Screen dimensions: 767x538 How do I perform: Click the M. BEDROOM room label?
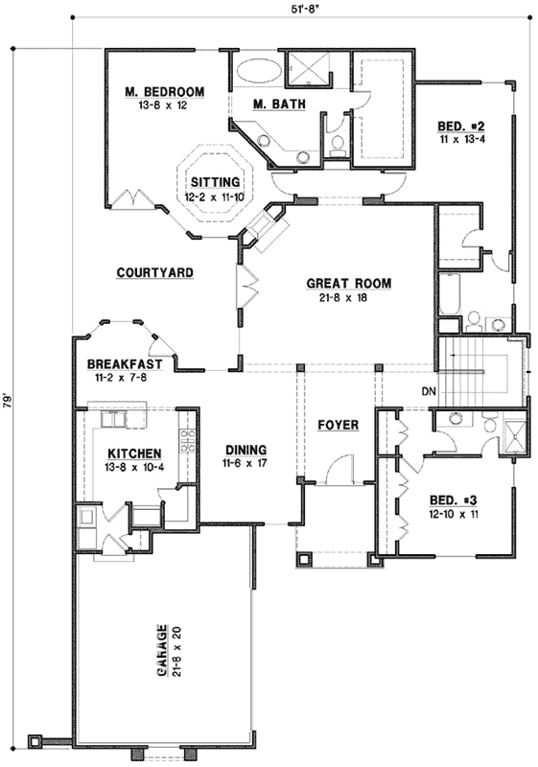165,92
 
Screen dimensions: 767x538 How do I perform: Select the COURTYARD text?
155,273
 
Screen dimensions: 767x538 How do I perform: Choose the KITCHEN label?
133,453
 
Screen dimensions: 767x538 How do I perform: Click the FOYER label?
338,425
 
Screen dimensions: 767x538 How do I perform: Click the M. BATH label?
271,104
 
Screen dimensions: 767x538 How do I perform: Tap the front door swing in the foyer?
336,470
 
